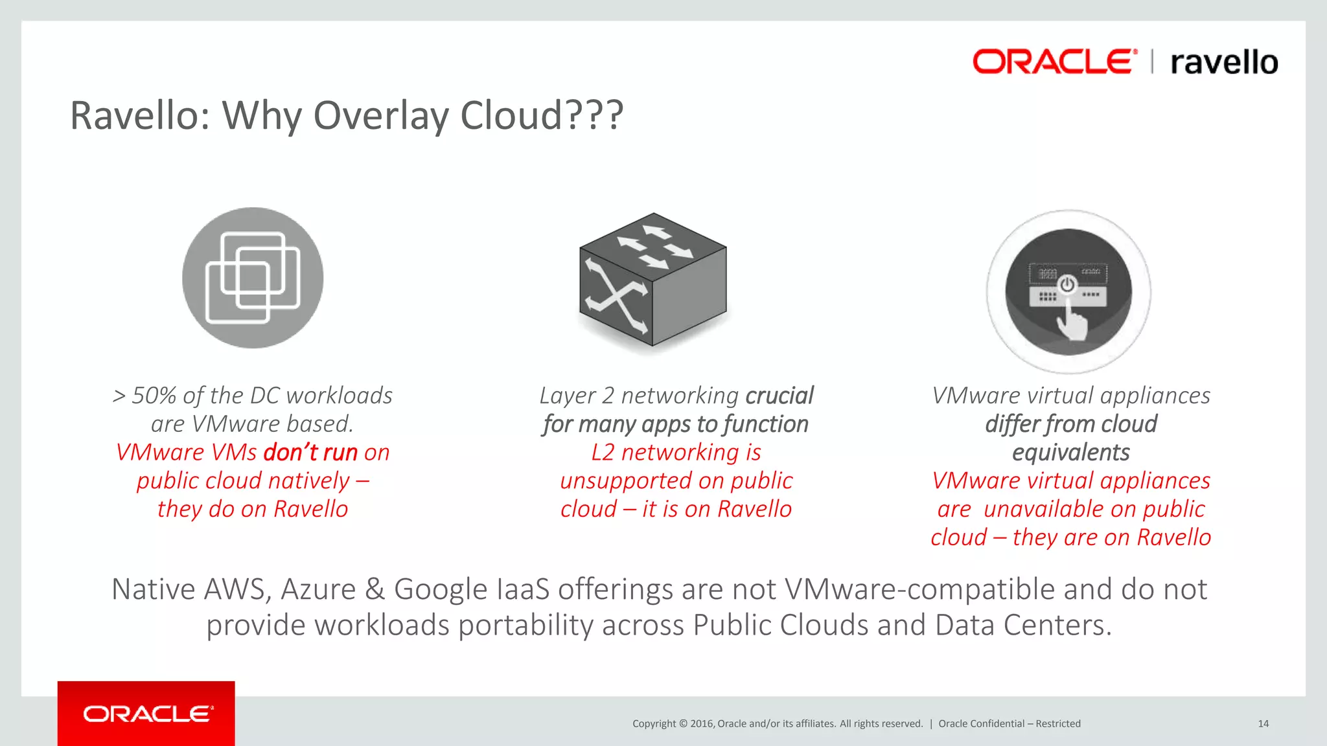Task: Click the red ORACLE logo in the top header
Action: point(1054,62)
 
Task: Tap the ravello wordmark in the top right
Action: point(1224,63)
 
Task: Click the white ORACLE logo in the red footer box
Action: point(148,714)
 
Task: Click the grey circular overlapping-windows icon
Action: point(253,278)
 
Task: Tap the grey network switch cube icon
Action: point(652,280)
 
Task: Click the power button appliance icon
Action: point(1068,291)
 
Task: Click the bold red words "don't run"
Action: point(310,453)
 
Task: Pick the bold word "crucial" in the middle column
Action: point(779,396)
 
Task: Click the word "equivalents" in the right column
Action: point(1070,453)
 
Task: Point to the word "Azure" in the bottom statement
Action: point(318,589)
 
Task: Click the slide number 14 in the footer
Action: point(1263,724)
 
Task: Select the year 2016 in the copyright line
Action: point(702,724)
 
